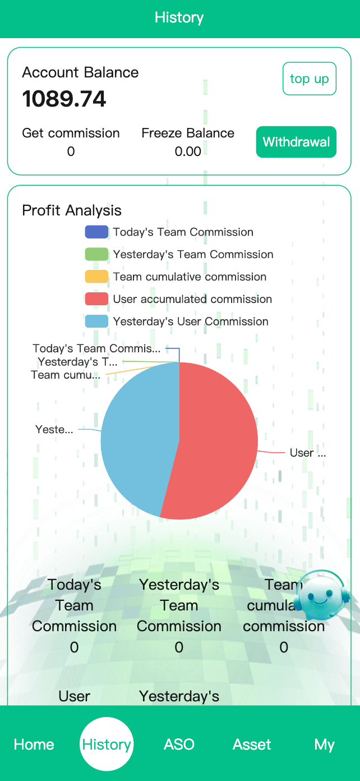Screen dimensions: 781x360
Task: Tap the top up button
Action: tap(310, 79)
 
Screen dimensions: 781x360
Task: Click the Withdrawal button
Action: tap(296, 142)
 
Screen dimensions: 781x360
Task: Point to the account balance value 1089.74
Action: tap(64, 99)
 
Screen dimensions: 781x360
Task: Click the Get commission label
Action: tap(71, 133)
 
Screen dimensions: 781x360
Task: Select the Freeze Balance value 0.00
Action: tap(188, 151)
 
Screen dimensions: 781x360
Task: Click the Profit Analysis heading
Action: tap(72, 210)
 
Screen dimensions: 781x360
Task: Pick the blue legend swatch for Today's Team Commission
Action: tap(96, 232)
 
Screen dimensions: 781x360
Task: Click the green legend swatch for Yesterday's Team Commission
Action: tap(96, 255)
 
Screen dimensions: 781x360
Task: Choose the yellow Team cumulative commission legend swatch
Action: tap(96, 277)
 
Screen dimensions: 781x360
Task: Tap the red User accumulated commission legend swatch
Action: tap(96, 299)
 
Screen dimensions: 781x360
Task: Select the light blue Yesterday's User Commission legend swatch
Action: tap(96, 321)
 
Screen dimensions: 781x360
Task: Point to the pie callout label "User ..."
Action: tap(307, 453)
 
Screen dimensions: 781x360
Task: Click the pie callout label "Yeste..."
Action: tap(54, 430)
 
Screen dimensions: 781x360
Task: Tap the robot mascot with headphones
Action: tap(321, 596)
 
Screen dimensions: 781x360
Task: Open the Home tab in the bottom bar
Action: tap(34, 745)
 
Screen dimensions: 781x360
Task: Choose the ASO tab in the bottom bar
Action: tap(179, 745)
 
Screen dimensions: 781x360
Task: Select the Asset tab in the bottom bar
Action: tap(252, 745)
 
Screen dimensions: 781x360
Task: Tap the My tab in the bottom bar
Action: tap(324, 745)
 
